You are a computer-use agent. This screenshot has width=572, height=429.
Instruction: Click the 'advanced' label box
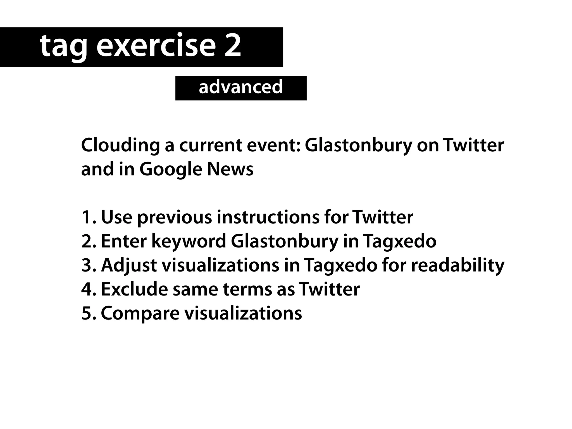click(x=241, y=88)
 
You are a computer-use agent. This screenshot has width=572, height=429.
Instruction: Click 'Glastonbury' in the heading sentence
click(x=358, y=146)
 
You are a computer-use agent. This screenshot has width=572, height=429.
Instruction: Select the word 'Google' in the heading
click(x=171, y=170)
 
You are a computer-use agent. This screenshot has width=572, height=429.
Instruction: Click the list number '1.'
click(x=89, y=217)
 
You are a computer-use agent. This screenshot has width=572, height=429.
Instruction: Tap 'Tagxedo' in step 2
click(x=399, y=242)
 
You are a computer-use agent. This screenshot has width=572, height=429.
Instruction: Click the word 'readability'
click(x=458, y=265)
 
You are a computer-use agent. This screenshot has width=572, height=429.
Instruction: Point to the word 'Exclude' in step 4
click(x=134, y=289)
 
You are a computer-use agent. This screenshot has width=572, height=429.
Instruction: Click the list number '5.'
click(x=89, y=313)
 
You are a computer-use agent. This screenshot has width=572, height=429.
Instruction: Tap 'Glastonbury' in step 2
click(x=284, y=242)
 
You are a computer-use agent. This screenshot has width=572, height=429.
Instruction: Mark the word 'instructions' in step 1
click(x=268, y=217)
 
